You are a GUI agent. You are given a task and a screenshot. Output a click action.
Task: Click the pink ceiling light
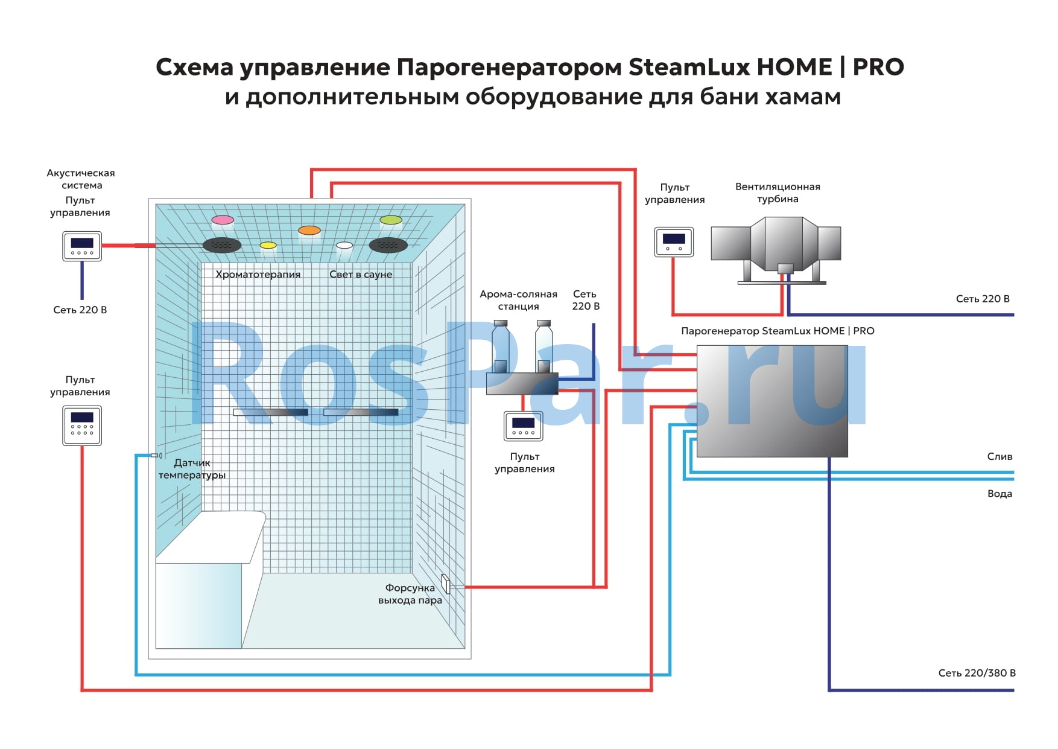point(223,220)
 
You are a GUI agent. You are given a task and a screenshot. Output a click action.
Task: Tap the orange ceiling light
point(309,230)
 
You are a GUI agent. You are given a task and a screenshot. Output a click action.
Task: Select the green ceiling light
point(391,220)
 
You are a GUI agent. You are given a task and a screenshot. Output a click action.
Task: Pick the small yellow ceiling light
point(268,245)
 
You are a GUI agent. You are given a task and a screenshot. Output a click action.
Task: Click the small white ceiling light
point(344,245)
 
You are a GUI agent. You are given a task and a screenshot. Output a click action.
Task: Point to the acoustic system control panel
point(82,246)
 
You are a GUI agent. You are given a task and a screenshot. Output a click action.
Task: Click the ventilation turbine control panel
point(674,241)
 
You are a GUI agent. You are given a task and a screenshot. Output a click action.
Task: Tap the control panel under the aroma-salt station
point(524,425)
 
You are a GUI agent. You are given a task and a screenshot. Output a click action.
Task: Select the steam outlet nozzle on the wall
point(446,584)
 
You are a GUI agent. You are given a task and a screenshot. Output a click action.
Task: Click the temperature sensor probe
point(156,455)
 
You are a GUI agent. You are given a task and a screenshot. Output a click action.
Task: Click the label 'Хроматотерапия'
point(258,274)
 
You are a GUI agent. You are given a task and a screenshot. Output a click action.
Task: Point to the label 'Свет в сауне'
point(361,274)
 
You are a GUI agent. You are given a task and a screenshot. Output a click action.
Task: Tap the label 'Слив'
point(999,456)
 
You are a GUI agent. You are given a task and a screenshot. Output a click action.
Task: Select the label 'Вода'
point(999,493)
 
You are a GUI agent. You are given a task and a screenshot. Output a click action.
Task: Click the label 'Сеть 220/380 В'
point(977,672)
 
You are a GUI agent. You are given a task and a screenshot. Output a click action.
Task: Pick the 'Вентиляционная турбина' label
point(778,193)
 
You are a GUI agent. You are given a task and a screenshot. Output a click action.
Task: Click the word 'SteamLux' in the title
point(689,66)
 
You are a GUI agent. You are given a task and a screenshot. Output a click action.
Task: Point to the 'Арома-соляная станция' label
point(518,300)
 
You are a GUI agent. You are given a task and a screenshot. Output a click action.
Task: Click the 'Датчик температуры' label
point(192,469)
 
